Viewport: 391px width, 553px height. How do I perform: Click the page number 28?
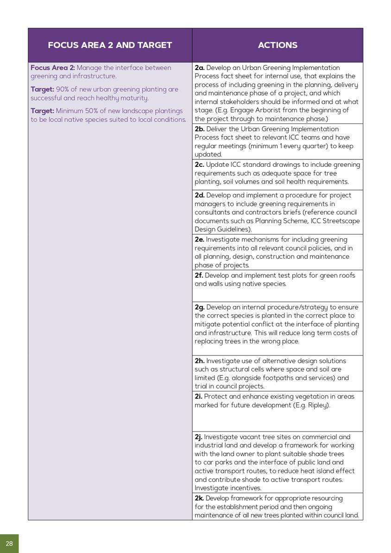pyautogui.click(x=9, y=543)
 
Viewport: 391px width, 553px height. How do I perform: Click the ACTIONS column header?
pyautogui.click(x=277, y=45)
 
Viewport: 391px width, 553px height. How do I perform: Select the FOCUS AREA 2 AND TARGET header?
pyautogui.click(x=110, y=45)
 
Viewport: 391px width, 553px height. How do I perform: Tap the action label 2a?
pyautogui.click(x=200, y=68)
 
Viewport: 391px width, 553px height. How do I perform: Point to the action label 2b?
pyautogui.click(x=200, y=129)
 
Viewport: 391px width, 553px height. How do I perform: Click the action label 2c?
pyautogui.click(x=199, y=165)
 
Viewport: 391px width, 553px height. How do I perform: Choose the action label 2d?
pyautogui.click(x=200, y=195)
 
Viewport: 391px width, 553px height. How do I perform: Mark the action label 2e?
pyautogui.click(x=200, y=240)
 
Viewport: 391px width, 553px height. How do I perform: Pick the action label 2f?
pyautogui.click(x=199, y=275)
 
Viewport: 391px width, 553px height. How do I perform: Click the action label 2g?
pyautogui.click(x=200, y=307)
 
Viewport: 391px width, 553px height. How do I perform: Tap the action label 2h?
pyautogui.click(x=200, y=361)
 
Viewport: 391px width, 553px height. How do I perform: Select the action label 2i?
pyautogui.click(x=198, y=396)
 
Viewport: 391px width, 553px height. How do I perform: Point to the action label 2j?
pyautogui.click(x=198, y=437)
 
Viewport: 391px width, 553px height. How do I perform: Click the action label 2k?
pyautogui.click(x=199, y=498)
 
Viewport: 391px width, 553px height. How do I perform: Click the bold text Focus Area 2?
pyautogui.click(x=52, y=68)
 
